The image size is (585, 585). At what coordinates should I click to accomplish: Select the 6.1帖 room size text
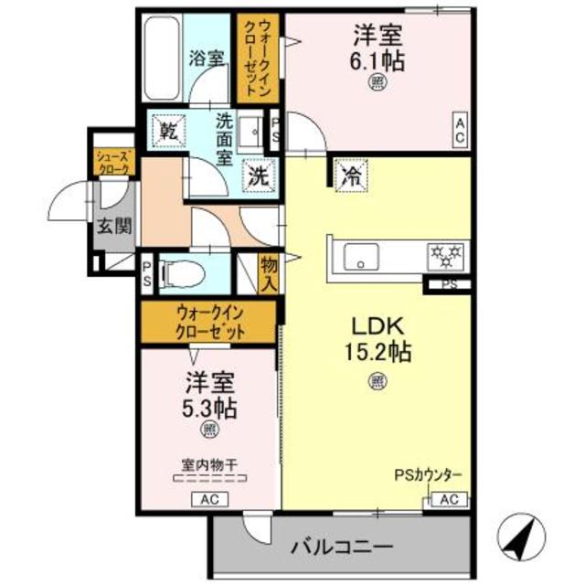[x=379, y=60]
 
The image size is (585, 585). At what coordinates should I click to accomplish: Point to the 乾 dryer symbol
[x=169, y=130]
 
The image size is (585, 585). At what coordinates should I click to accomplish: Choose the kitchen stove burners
[x=447, y=254]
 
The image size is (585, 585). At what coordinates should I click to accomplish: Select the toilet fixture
[x=180, y=272]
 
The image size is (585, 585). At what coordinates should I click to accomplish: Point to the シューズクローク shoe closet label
[x=115, y=164]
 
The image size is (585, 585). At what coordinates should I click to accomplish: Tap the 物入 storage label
[x=268, y=272]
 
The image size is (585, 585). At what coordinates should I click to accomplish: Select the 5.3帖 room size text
[x=210, y=407]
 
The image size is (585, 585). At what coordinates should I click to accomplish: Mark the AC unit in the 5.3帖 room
[x=208, y=499]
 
